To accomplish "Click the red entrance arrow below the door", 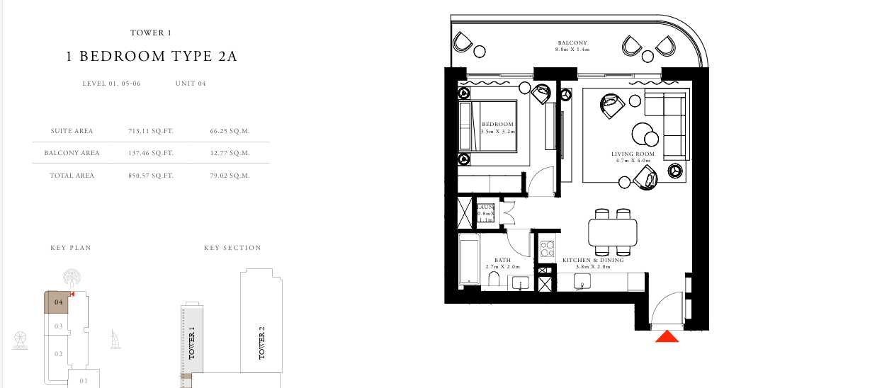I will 667,337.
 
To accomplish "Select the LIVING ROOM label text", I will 633,154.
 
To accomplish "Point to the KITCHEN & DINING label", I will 592,261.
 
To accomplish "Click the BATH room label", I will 502,261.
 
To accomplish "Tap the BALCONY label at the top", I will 572,43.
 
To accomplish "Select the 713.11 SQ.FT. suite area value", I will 150,131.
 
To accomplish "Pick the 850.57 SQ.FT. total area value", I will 150,176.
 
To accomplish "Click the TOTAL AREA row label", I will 72,176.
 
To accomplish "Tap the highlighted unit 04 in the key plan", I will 59,302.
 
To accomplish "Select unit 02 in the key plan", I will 60,354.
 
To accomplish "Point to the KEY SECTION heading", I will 232,248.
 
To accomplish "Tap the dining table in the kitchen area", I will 613,232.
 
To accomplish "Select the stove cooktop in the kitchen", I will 547,249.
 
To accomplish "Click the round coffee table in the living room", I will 643,133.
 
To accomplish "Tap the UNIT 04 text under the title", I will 191,84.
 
